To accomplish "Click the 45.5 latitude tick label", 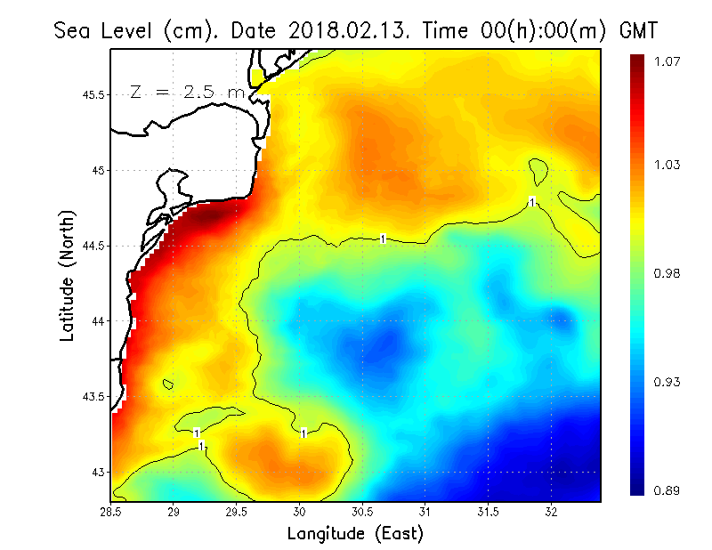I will (x=93, y=94).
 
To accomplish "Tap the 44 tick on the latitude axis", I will (x=98, y=320).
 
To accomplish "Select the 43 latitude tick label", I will (x=98, y=472).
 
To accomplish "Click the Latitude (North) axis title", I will (x=68, y=275).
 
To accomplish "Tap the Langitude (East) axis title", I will (x=354, y=533).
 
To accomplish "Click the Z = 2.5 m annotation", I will (x=187, y=92).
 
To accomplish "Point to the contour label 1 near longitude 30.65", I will (x=383, y=239).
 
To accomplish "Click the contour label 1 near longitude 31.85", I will (x=531, y=202).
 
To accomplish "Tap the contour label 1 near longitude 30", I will (x=303, y=433).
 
